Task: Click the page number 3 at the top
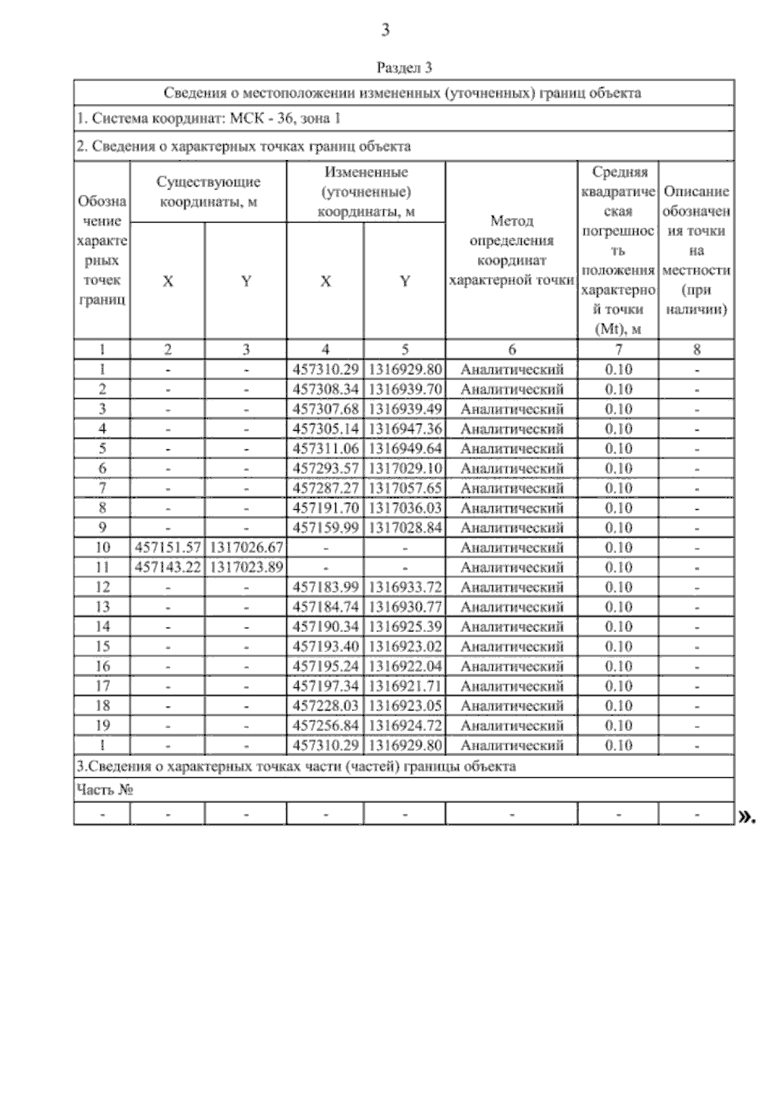point(385,30)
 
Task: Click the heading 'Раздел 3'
point(403,67)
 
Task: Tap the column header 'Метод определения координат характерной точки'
point(511,251)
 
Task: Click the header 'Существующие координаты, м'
point(208,192)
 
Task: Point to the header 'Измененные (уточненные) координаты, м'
point(366,192)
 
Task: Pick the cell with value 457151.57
point(167,547)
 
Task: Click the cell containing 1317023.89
point(246,567)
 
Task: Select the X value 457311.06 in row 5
point(326,448)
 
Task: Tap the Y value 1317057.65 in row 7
point(405,488)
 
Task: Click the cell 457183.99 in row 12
point(326,587)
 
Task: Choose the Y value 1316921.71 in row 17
point(405,686)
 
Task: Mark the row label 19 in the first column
point(102,726)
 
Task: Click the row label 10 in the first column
point(102,547)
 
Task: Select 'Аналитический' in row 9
point(512,528)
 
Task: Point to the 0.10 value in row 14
point(618,627)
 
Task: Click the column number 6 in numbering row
point(512,350)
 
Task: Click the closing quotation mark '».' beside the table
point(746,817)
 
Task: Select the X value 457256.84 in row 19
point(326,726)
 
